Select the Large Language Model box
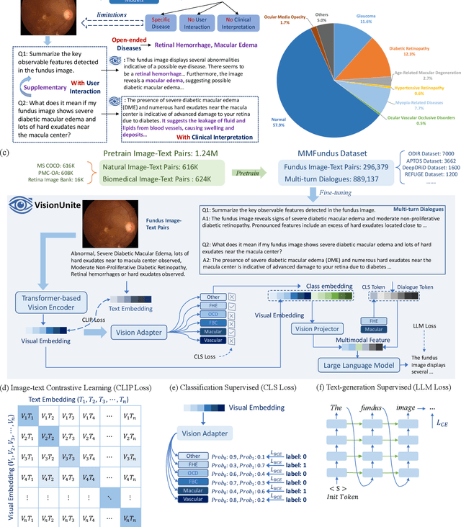tap(358, 365)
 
